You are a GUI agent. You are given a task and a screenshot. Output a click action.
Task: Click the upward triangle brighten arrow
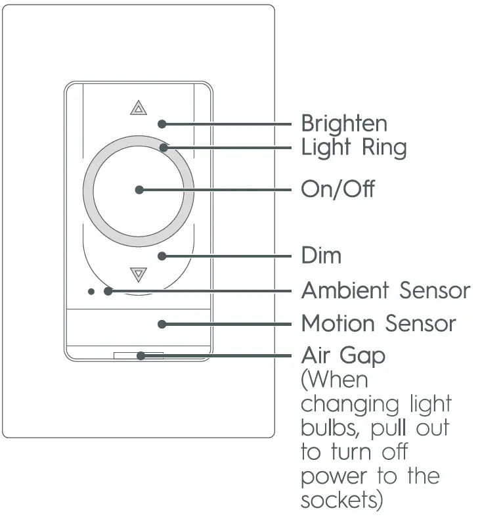coord(137,108)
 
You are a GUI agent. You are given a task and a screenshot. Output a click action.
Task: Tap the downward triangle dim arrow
coord(138,273)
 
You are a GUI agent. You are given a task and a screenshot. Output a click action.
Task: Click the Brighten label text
coord(343,124)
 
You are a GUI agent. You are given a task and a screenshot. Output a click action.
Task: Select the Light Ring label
coord(353,148)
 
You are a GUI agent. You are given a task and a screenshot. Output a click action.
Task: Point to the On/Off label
coord(338,189)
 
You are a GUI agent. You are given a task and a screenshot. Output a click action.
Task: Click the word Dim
coord(321,255)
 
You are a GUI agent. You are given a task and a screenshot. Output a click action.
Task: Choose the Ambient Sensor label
coord(385,290)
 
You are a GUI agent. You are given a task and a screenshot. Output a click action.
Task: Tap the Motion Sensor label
coord(378,323)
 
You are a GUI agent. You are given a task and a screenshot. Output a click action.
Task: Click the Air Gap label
coord(343,356)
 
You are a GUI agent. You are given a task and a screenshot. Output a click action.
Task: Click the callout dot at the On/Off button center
coord(139,190)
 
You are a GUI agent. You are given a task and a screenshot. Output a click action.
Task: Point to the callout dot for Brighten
coord(162,124)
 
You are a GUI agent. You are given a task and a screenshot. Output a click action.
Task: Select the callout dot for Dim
coord(162,255)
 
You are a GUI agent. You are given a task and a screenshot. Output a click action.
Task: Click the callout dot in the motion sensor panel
coord(162,323)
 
